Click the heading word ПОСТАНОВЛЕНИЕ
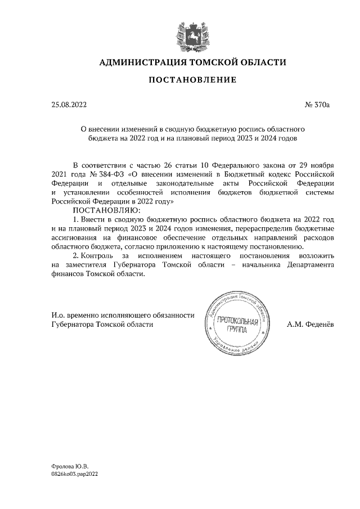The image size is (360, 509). (192, 80)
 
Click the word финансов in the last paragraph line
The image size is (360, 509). (66, 276)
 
